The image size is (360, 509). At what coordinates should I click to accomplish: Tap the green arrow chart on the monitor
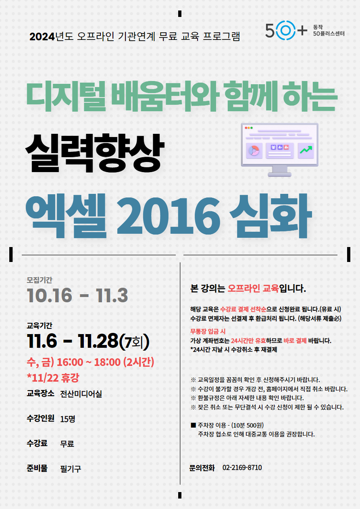pos(306,150)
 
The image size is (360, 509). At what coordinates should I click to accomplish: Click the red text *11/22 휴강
pos(53,378)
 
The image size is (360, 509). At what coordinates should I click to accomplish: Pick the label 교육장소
pos(40,393)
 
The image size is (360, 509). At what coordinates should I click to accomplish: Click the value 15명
pos(68,419)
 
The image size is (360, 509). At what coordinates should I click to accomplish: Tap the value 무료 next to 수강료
pos(67,444)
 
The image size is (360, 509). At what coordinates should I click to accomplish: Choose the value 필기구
pos(71,469)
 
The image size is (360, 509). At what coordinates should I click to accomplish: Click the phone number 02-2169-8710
pos(242,467)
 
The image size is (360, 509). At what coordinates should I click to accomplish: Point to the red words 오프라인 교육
pos(253,289)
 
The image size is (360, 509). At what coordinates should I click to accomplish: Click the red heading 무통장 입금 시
pos(208,332)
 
